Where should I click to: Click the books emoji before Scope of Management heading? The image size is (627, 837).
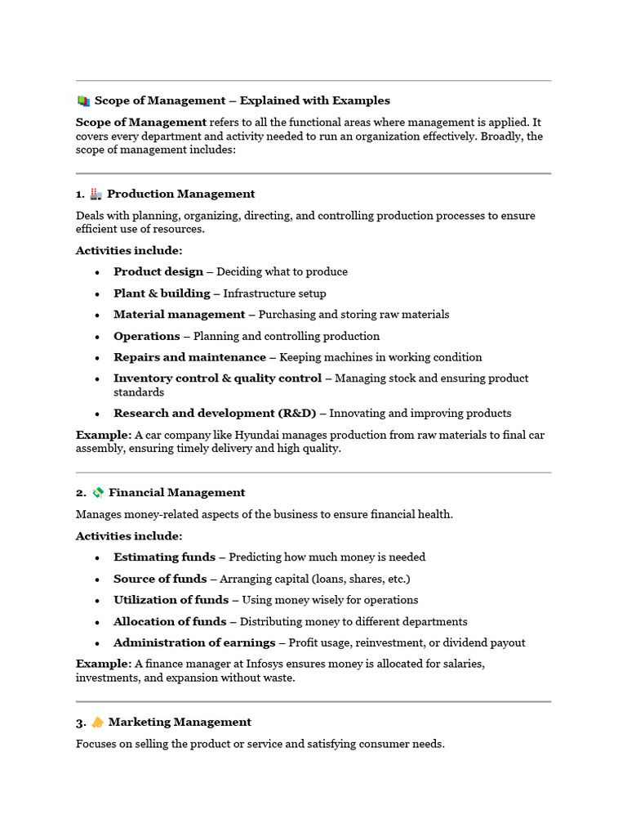point(83,101)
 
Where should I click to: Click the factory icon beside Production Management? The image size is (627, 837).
point(96,194)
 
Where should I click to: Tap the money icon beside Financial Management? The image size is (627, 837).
point(98,492)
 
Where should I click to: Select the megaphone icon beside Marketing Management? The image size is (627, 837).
point(98,722)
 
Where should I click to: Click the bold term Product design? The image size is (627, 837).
point(158,271)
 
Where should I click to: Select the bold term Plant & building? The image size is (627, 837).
point(162,293)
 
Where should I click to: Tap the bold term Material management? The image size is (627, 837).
point(179,314)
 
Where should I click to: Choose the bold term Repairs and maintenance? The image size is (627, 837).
point(189,357)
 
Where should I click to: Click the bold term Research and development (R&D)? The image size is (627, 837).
point(215,413)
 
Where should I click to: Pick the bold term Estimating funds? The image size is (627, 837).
point(164,557)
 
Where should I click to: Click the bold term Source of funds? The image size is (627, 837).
point(160,579)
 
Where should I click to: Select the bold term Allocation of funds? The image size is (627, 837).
point(171,621)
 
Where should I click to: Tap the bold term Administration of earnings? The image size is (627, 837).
point(194,642)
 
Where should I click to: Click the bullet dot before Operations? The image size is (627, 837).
point(97,336)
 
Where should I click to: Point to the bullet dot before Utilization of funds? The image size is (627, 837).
point(97,600)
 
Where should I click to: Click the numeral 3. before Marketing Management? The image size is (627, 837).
point(81,722)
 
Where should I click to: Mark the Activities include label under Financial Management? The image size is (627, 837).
point(129,535)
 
